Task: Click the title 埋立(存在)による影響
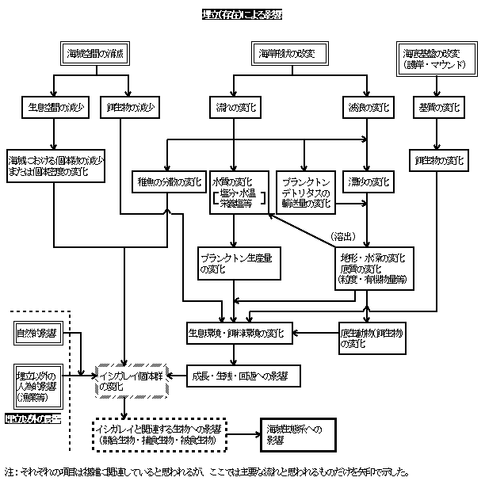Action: [242, 13]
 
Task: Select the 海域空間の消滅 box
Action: [97, 54]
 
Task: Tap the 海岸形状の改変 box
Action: [288, 54]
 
